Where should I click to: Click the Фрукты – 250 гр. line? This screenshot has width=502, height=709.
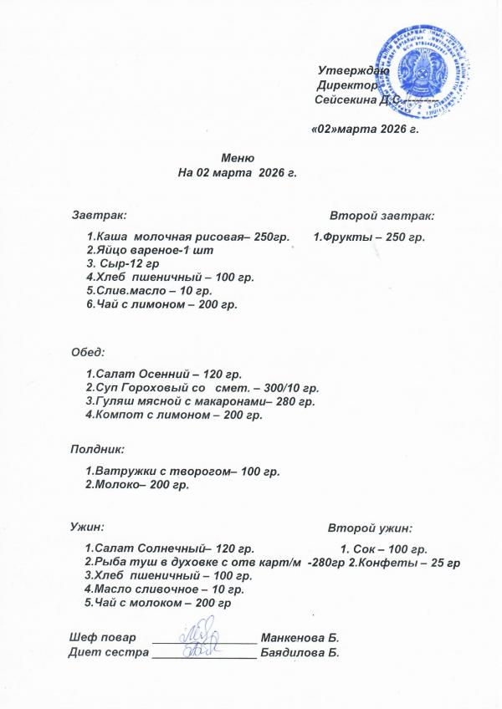point(370,237)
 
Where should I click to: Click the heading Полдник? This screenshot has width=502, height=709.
point(97,449)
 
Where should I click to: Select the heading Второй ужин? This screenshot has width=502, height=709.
point(370,528)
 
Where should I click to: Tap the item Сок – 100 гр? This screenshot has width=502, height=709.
point(384,549)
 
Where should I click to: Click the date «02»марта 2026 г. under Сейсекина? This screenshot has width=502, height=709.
point(364,130)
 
